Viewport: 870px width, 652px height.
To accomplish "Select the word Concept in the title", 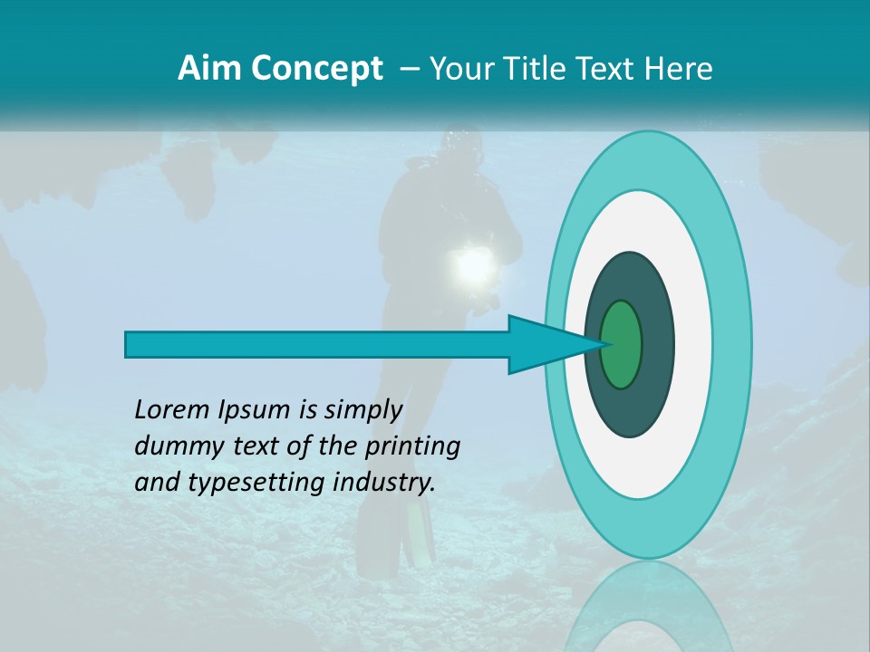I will pos(316,69).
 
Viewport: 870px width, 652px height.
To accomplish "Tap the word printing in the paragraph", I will pos(411,446).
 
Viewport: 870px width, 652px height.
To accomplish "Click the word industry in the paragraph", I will pos(381,483).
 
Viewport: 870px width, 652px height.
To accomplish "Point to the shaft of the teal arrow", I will pos(317,344).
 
